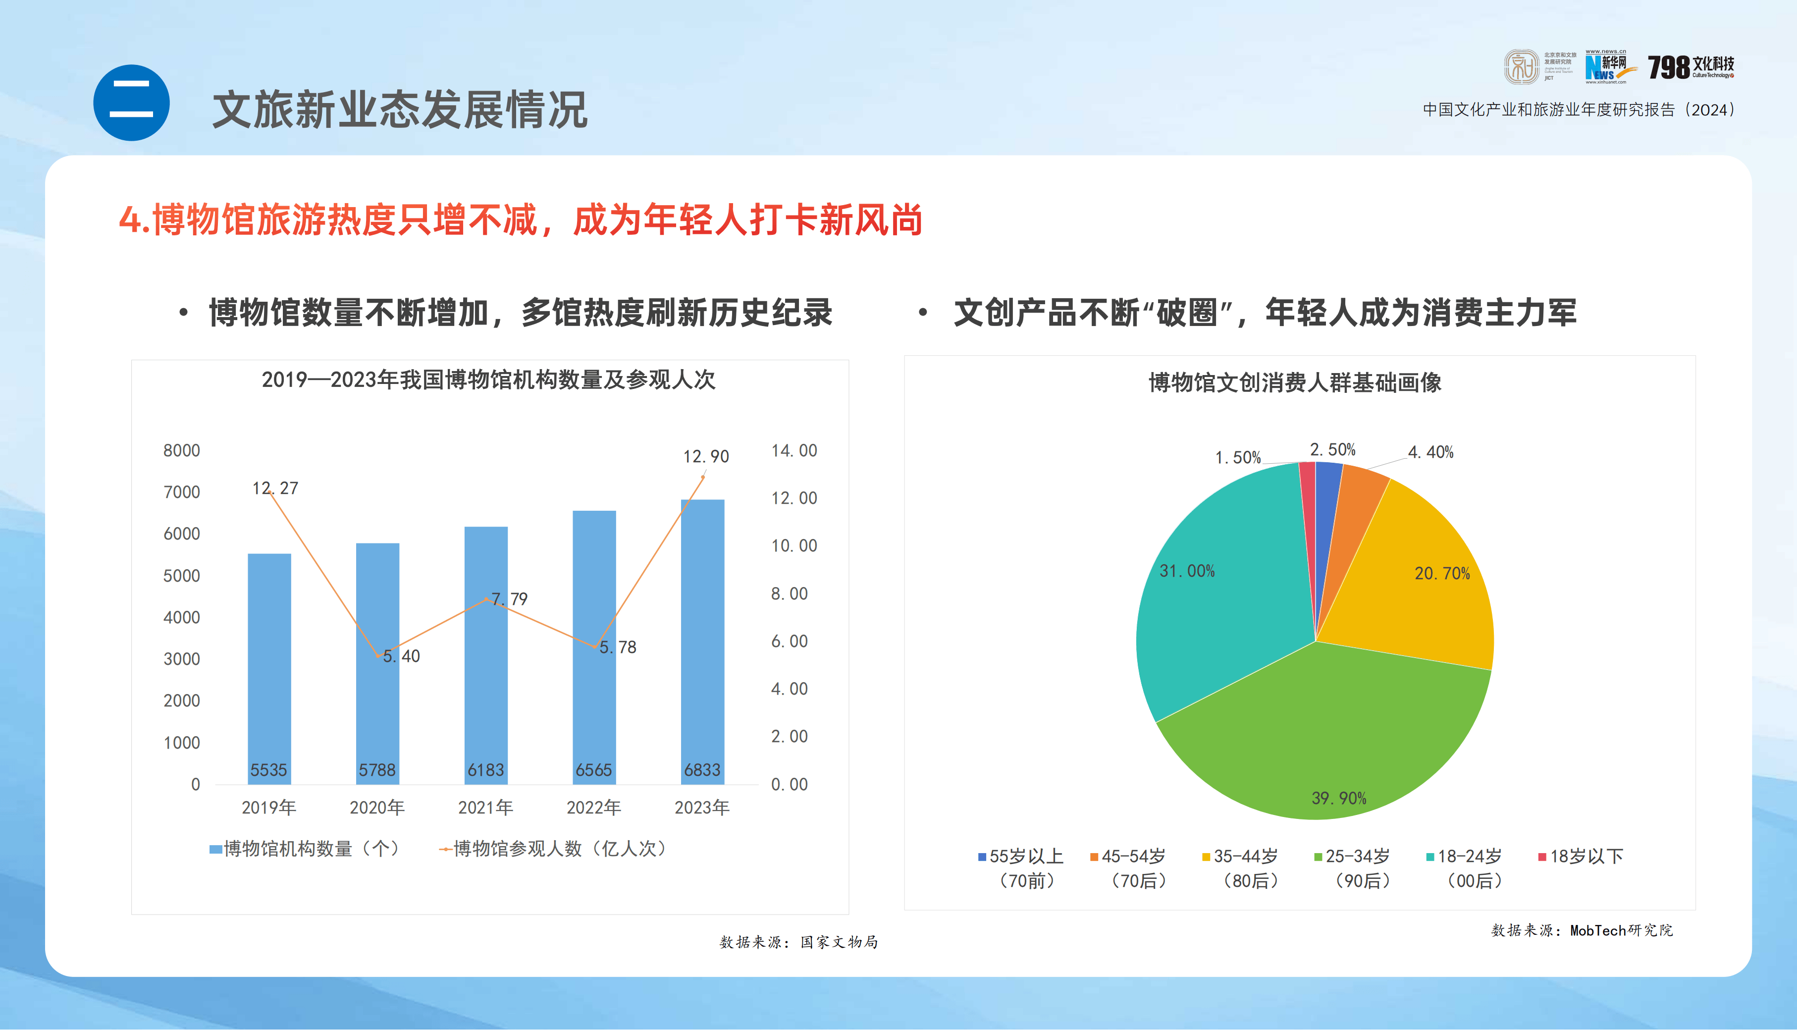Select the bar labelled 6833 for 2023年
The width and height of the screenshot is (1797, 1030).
(x=702, y=640)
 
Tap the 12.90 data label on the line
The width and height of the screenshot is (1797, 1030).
(x=706, y=457)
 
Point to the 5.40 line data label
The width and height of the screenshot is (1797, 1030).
(x=402, y=656)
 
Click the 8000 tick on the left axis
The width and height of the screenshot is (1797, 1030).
(x=182, y=451)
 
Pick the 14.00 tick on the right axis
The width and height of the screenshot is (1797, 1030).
(x=793, y=451)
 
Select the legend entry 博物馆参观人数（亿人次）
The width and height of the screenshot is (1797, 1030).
(x=553, y=849)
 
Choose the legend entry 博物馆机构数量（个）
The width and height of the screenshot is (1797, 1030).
(x=306, y=849)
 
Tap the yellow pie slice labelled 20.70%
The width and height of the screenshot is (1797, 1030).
(x=1422, y=587)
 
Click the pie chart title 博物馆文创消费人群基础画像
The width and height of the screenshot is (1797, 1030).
(x=1294, y=382)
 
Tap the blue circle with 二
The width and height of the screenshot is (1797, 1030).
(x=132, y=103)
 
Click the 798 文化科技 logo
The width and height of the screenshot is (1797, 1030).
(x=1690, y=68)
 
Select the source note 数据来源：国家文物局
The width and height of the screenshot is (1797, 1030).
(x=798, y=942)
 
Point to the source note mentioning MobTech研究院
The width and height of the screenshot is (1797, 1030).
(x=1582, y=931)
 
